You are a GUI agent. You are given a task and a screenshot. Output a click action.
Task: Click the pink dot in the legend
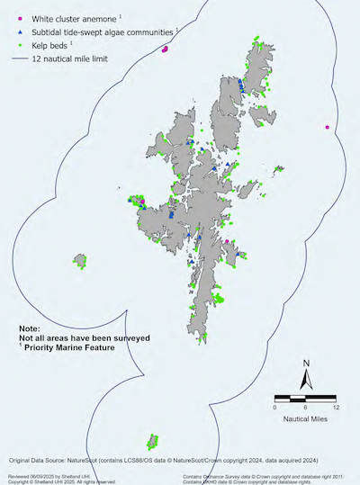pyautogui.click(x=20, y=18)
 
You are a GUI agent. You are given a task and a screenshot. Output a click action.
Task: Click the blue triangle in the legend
pyautogui.click(x=20, y=31)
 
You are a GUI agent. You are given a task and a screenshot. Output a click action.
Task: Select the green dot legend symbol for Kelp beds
pyautogui.click(x=20, y=43)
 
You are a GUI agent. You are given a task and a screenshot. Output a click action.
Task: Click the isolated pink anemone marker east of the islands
pyautogui.click(x=327, y=128)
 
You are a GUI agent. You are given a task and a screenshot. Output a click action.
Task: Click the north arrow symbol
pyautogui.click(x=306, y=377)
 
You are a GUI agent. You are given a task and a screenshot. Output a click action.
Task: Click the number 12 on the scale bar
pyautogui.click(x=335, y=407)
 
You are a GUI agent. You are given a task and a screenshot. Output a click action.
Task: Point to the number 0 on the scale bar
pyautogui.click(x=274, y=407)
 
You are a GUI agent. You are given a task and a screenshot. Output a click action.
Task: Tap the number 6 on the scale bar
pyautogui.click(x=304, y=407)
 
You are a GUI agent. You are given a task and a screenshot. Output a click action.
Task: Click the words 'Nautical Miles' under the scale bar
pyautogui.click(x=305, y=419)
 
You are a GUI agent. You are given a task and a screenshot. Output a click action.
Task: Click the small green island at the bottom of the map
pyautogui.click(x=152, y=441)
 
